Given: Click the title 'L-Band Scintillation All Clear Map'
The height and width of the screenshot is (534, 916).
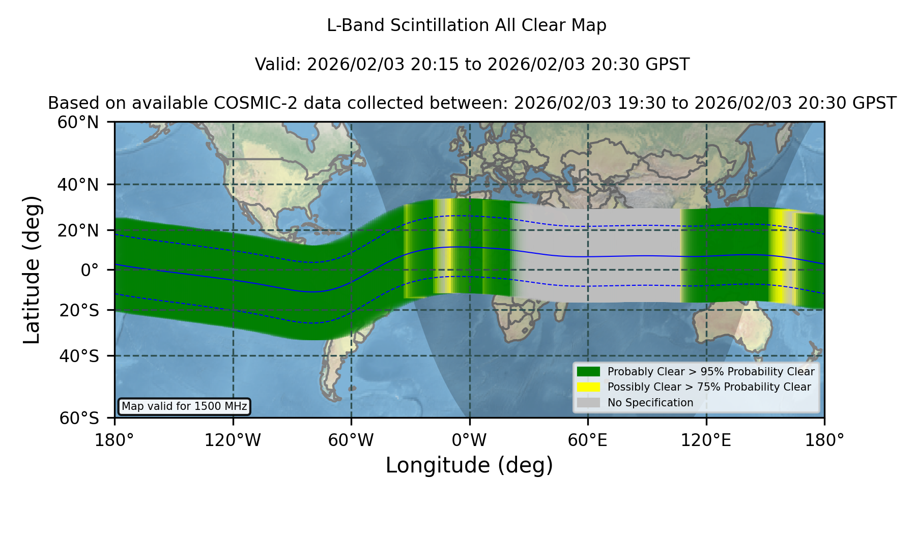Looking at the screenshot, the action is click(x=466, y=25).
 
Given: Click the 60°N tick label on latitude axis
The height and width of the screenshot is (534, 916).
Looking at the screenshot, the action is click(x=78, y=122).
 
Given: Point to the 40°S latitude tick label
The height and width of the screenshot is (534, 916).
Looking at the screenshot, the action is click(x=79, y=356).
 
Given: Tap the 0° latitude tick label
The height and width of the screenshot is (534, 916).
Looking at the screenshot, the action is click(x=90, y=270).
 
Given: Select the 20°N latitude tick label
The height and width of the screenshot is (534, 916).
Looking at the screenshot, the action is click(x=78, y=230).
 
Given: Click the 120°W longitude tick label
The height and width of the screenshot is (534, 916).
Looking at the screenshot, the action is click(x=233, y=440).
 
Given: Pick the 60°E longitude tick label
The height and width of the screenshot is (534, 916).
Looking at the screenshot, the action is click(x=588, y=440).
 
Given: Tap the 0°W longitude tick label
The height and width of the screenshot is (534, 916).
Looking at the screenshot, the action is click(x=470, y=440).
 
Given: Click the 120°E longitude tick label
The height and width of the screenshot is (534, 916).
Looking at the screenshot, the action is click(x=706, y=440).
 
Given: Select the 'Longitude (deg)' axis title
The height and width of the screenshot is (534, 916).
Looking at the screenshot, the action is click(x=469, y=465).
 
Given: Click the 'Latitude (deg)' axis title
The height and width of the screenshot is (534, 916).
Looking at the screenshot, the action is click(x=32, y=270).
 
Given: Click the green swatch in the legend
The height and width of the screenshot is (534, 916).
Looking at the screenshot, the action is click(x=588, y=372).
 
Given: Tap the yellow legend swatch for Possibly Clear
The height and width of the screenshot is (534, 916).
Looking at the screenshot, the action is click(x=588, y=387).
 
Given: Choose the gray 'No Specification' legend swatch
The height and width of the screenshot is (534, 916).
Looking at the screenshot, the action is click(x=588, y=403).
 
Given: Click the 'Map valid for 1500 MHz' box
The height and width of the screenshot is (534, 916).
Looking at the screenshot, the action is click(x=184, y=406).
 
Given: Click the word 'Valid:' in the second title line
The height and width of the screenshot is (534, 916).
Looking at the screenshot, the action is click(x=279, y=65).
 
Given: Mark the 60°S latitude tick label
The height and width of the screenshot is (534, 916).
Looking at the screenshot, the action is click(x=79, y=418).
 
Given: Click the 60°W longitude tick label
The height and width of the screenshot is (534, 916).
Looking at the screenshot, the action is click(x=351, y=440).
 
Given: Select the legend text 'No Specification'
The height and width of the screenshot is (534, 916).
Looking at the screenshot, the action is click(x=650, y=403).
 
